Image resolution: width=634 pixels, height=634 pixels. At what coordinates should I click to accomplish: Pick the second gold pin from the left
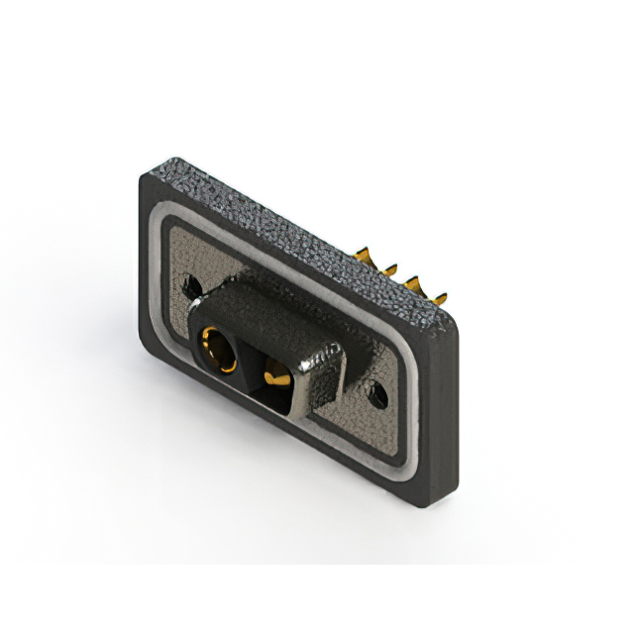(388, 268)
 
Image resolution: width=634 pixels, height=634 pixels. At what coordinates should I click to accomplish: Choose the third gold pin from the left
(412, 283)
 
